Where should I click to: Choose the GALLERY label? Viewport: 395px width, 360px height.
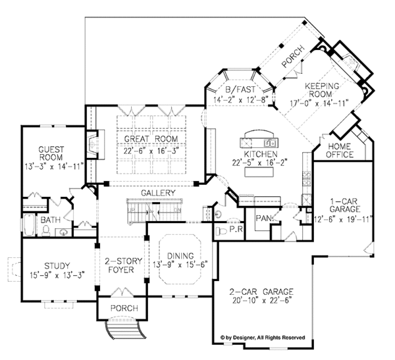(157, 192)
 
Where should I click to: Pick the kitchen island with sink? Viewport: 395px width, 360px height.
(260, 140)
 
